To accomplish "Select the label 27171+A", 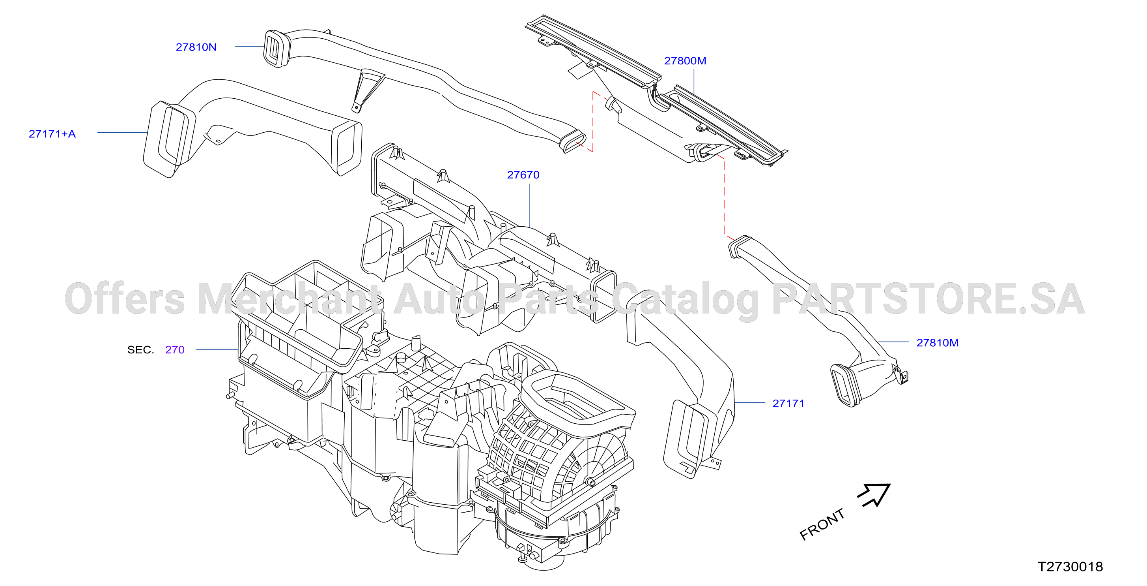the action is [x=52, y=134].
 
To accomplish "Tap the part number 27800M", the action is [x=685, y=60].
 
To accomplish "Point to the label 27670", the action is [x=523, y=175].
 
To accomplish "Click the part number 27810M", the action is [x=937, y=343].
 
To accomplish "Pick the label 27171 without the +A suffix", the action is [x=788, y=403].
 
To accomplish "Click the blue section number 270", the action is [x=175, y=350].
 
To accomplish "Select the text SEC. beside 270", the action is [x=141, y=350].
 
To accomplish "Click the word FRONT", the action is [x=822, y=524].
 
